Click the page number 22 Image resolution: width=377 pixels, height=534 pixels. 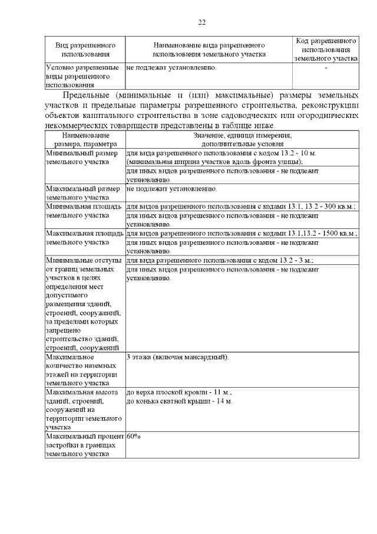201,22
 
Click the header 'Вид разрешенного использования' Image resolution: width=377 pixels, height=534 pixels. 85,50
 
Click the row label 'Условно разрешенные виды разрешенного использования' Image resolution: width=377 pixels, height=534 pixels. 84,76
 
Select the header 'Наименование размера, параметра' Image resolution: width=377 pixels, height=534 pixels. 85,139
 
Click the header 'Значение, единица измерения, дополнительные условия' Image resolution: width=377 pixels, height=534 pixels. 242,139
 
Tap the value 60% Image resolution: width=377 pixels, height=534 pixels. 133,436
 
